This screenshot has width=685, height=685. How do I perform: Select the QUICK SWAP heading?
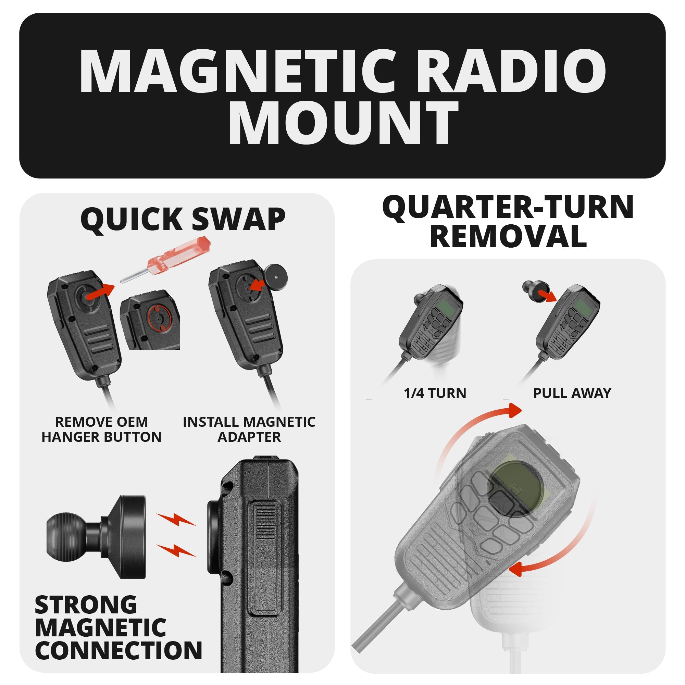183,219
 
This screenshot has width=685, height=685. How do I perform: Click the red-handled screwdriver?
167,261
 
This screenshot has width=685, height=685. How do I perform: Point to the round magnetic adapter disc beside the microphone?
275,275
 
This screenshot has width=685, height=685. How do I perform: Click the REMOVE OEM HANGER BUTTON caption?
101,429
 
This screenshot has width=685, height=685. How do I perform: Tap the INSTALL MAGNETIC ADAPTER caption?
249,429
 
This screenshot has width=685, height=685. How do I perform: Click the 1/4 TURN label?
435,393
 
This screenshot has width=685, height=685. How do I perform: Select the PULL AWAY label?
572,393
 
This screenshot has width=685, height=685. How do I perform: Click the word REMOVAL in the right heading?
508,237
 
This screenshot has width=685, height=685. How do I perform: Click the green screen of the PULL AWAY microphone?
582,306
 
